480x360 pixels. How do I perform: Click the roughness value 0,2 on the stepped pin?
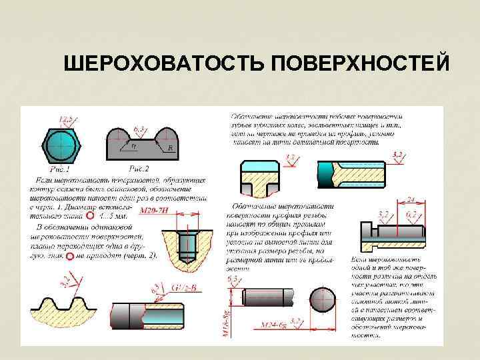[412, 213]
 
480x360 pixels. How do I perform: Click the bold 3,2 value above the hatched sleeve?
[397, 154]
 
